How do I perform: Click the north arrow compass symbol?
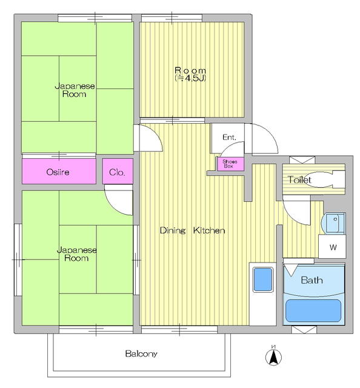click(273, 355)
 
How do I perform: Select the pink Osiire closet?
click(59, 172)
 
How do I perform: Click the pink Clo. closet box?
click(117, 172)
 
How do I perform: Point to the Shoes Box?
click(230, 164)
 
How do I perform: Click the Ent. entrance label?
click(228, 138)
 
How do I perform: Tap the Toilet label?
click(299, 180)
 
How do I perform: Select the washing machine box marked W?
click(333, 247)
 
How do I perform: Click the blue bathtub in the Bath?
click(314, 310)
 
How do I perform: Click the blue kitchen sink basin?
click(265, 280)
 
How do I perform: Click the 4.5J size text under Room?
click(191, 78)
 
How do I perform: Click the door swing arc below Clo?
click(119, 202)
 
